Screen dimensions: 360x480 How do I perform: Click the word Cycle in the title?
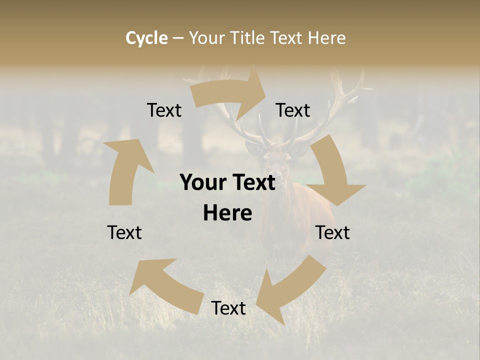pyautogui.click(x=146, y=38)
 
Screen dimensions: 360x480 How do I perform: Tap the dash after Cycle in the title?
pyautogui.click(x=178, y=38)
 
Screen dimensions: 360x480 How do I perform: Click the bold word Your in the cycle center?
pyautogui.click(x=202, y=182)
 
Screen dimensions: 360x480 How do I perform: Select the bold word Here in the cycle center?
pyautogui.click(x=227, y=213)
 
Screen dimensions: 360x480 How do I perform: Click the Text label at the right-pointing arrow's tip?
pyautogui.click(x=293, y=110)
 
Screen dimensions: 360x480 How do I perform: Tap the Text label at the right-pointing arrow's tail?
pyautogui.click(x=164, y=110)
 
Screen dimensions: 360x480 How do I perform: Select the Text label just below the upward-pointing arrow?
pyautogui.click(x=124, y=232)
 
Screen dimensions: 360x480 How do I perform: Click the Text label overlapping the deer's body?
pyautogui.click(x=332, y=232)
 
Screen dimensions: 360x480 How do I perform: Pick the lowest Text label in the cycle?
pyautogui.click(x=228, y=308)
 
